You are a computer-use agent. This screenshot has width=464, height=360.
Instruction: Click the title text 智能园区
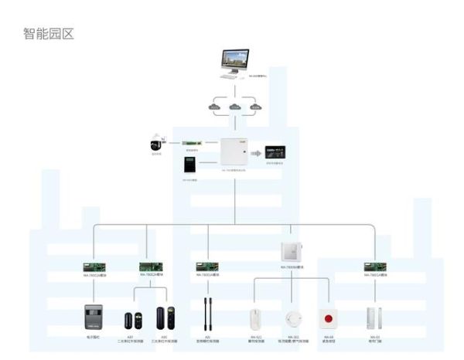tap(49, 34)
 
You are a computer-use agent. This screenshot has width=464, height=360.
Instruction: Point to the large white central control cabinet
tap(234, 152)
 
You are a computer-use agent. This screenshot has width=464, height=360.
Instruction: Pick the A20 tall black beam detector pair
tap(208, 317)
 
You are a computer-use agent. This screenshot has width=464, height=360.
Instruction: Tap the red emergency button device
tap(329, 319)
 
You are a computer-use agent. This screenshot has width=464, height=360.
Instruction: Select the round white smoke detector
tap(292, 319)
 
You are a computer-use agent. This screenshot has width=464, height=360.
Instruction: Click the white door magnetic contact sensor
tap(375, 319)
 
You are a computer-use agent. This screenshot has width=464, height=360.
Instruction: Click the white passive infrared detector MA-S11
tap(254, 319)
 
